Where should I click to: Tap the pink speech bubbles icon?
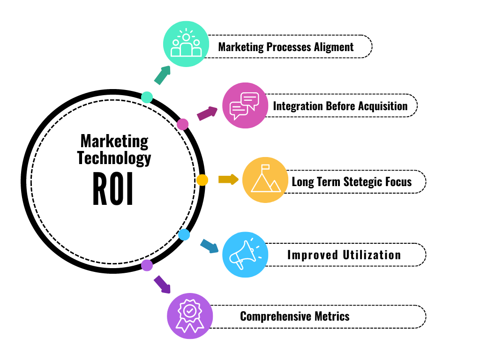click(244, 105)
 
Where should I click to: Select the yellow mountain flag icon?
click(265, 180)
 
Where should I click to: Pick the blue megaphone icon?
click(245, 255)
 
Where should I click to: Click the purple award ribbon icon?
click(190, 315)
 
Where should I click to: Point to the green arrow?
click(162, 75)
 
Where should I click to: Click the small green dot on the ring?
click(147, 97)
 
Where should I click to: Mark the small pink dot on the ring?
click(183, 124)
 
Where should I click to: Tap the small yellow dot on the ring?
click(202, 180)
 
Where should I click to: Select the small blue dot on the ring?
click(184, 235)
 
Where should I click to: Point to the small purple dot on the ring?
click(147, 265)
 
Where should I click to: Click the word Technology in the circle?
click(114, 158)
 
